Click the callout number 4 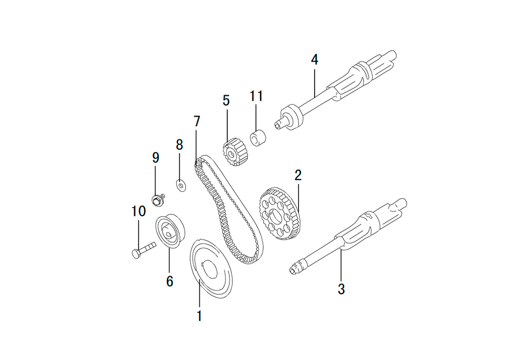[315, 60]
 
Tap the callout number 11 [256, 96]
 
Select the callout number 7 [197, 121]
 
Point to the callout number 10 [138, 211]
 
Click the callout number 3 [341, 289]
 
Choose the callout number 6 [170, 281]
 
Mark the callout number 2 [298, 175]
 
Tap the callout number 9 [156, 158]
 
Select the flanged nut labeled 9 [158, 200]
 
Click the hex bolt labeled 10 [143, 250]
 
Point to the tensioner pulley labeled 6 [170, 231]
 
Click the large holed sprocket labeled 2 [280, 213]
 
